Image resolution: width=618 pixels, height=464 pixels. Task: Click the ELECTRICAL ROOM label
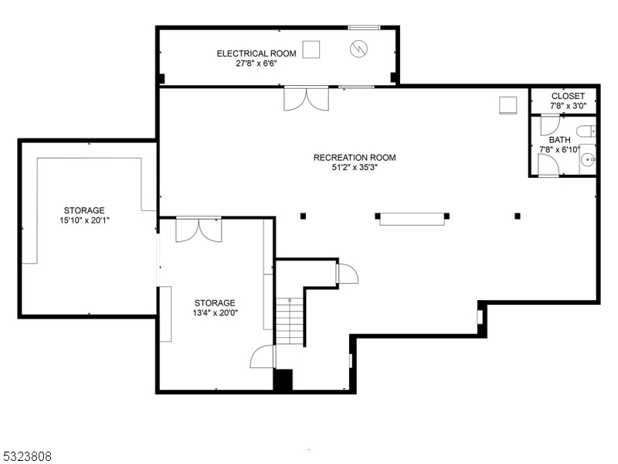coord(256,53)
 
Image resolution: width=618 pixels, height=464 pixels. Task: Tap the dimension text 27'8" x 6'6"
coord(256,64)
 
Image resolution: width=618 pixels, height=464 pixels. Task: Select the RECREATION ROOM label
coord(355,158)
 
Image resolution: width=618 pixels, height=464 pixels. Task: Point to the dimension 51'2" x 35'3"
coord(355,168)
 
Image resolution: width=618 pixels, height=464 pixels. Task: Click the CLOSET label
coord(568,96)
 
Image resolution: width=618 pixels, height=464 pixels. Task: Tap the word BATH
coord(560,140)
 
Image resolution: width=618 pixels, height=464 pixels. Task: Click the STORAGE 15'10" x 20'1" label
coord(84,210)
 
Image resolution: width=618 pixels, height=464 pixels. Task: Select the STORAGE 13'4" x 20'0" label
coord(215,303)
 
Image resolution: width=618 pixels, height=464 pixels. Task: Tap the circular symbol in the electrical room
coord(358,49)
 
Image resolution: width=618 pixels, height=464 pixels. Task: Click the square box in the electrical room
coord(311,49)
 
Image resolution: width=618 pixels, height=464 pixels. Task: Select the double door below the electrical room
coord(306,99)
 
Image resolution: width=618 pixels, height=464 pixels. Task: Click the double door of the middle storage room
coord(199,230)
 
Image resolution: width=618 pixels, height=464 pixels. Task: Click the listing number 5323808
coord(27,456)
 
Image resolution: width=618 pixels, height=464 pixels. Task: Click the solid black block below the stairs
coord(284,380)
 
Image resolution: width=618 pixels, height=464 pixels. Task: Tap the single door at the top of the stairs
coord(345,274)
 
